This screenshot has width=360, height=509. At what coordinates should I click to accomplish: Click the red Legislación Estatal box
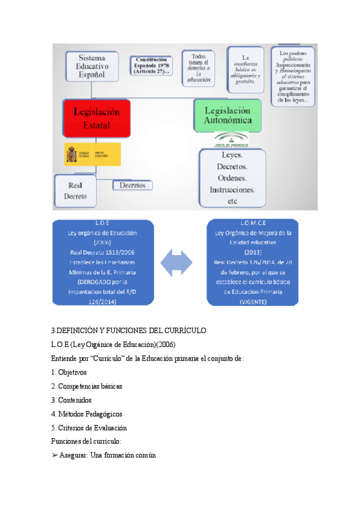coord(97,118)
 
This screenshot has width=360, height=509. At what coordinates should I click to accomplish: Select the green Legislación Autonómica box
coord(227,115)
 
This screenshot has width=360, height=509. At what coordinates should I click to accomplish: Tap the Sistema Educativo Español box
coord(91,65)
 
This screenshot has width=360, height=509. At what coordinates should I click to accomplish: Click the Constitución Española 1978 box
coord(152,65)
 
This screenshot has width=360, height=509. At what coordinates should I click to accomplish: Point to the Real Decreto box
coord(78,190)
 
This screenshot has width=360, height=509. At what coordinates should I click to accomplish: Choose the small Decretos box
coord(132,185)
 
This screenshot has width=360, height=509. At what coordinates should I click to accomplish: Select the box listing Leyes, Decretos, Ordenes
coord(232,178)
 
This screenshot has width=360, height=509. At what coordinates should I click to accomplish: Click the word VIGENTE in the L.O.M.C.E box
coord(253,301)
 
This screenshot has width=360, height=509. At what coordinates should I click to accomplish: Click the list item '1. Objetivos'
coord(69,372)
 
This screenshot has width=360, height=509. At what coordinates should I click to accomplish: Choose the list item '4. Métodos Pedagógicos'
coord(86,414)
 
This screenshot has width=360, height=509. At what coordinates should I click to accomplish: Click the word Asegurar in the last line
coord(73,456)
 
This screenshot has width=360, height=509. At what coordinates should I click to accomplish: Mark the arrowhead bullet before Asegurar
coord(55,456)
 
